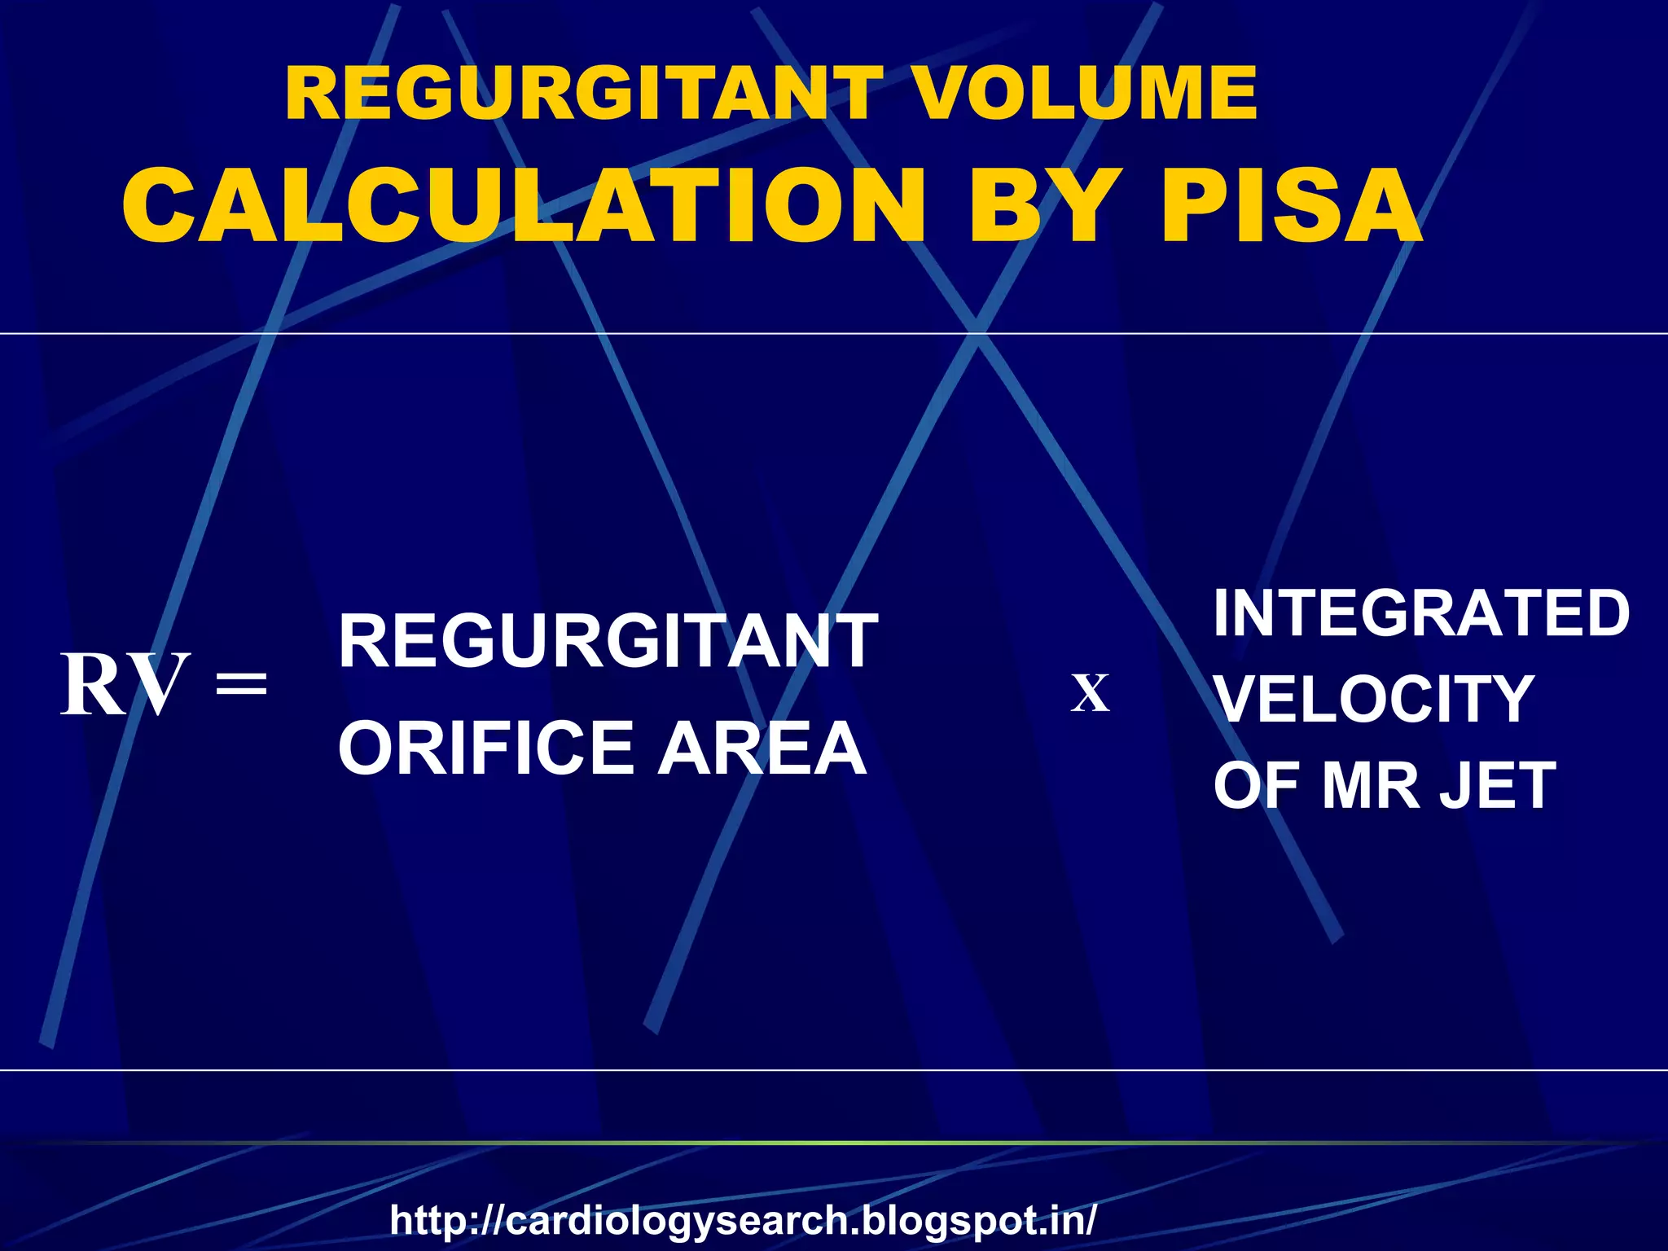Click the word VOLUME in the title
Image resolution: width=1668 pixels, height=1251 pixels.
[1085, 94]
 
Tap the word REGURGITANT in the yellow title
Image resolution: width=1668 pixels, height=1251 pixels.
[583, 94]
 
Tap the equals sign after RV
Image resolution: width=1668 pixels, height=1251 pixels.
[241, 685]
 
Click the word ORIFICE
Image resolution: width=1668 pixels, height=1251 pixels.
[486, 748]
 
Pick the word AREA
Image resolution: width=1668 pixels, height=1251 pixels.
[762, 748]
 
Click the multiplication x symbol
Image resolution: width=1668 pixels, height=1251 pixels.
[1090, 694]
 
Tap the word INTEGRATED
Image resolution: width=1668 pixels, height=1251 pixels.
[1421, 613]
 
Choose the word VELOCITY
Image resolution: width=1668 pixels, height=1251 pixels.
[1374, 700]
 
